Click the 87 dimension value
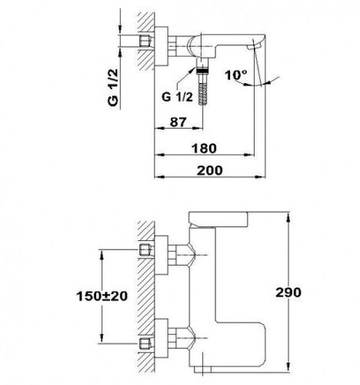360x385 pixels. (x=178, y=122)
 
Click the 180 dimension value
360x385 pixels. (x=205, y=149)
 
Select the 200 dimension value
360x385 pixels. (x=209, y=170)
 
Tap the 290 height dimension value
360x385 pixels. (x=288, y=293)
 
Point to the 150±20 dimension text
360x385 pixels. (x=102, y=296)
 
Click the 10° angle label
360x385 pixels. (x=236, y=75)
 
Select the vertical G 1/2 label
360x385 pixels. (x=113, y=87)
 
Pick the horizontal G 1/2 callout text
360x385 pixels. (x=177, y=97)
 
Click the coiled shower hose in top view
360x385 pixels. (x=203, y=90)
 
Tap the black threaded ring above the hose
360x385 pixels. (x=203, y=71)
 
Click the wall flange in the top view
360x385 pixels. (x=162, y=46)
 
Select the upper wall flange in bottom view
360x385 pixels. (x=162, y=255)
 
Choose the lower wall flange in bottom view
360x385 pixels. (x=162, y=338)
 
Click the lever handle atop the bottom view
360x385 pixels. (x=218, y=219)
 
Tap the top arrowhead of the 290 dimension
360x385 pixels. (x=288, y=217)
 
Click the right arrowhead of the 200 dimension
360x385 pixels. (x=260, y=177)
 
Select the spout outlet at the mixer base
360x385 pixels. (x=202, y=370)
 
